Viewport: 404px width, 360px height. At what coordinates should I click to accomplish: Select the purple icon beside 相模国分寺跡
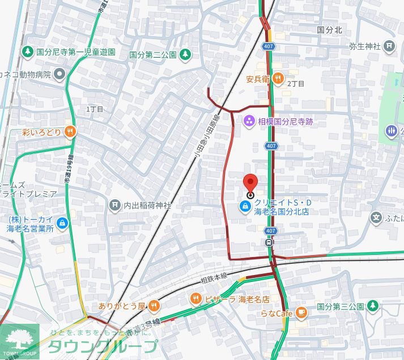248,121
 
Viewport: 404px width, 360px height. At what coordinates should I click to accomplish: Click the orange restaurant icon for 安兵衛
277,79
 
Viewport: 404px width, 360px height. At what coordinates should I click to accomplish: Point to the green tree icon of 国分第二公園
185,55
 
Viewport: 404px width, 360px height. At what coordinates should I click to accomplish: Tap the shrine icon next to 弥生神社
389,45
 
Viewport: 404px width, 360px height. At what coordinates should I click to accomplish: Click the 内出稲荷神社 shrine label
147,205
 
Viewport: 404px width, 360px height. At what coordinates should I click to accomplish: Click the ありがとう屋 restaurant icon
153,306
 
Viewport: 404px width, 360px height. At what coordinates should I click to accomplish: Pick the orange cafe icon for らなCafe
301,312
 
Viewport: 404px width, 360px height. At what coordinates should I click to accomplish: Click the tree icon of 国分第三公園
373,306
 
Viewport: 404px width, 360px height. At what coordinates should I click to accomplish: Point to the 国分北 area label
329,29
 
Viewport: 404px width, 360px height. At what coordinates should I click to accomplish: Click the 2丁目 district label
296,84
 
